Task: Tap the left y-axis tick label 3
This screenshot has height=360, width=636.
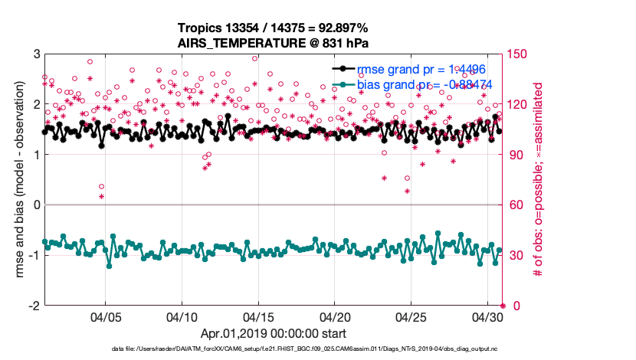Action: (35, 54)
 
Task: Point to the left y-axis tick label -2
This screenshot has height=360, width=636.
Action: (33, 306)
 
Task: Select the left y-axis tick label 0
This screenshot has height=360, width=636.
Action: (35, 205)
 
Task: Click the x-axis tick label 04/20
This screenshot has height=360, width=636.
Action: (335, 316)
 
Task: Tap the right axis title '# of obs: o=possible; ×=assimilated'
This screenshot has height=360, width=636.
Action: (540, 179)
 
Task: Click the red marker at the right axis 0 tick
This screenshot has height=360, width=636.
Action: (503, 306)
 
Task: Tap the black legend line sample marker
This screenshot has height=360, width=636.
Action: (343, 68)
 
